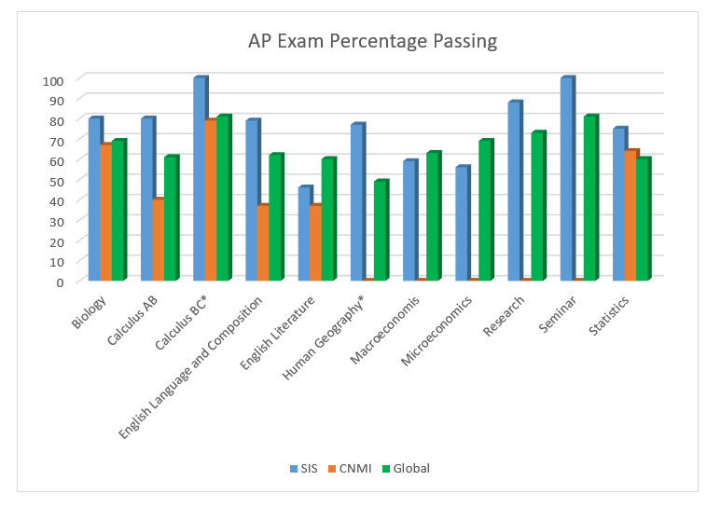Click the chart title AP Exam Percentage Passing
pyautogui.click(x=372, y=41)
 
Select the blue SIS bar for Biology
pyautogui.click(x=94, y=199)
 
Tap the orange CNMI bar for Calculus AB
pyautogui.click(x=158, y=240)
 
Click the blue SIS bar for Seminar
pyautogui.click(x=566, y=179)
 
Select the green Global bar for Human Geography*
pyautogui.click(x=380, y=230)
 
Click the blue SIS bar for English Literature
pyautogui.click(x=304, y=234)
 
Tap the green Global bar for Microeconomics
pyautogui.click(x=484, y=211)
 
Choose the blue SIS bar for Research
pyautogui.click(x=514, y=191)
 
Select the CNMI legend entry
pyautogui.click(x=352, y=468)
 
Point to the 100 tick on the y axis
pyautogui.click(x=52, y=80)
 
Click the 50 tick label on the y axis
pyautogui.click(x=56, y=181)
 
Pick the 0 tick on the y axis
pyautogui.click(x=59, y=281)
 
